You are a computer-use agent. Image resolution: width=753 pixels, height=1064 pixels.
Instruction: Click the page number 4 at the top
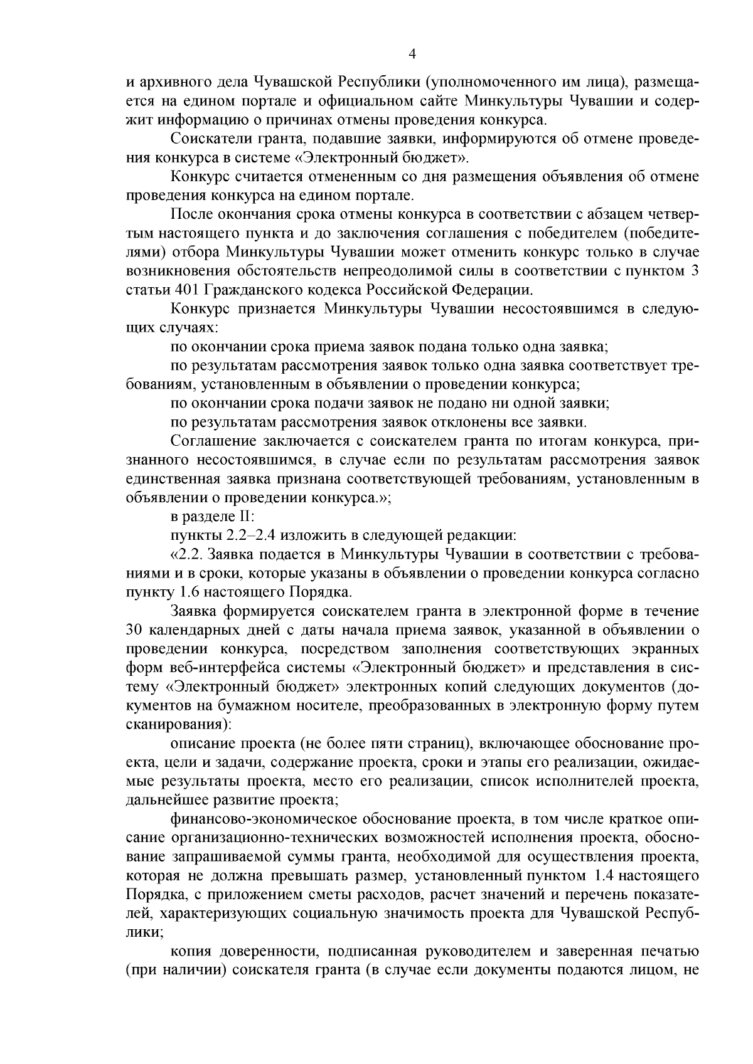pyautogui.click(x=412, y=54)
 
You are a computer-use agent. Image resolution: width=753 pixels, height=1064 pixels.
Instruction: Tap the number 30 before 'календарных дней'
pyautogui.click(x=137, y=629)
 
